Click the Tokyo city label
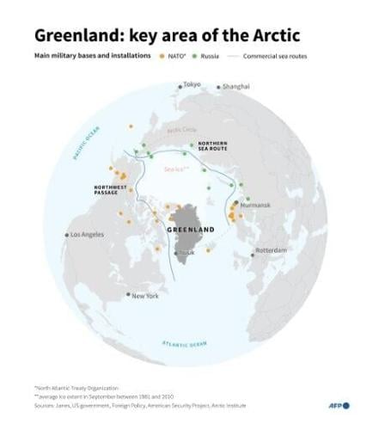[x=193, y=85]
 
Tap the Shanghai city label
[x=235, y=87]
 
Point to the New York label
[x=144, y=296]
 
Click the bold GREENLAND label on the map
[x=190, y=230]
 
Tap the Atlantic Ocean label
[x=185, y=344]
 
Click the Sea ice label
[x=175, y=169]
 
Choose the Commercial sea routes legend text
[x=275, y=56]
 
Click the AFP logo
[x=340, y=405]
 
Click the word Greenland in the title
[x=75, y=34]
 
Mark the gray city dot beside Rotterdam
[x=254, y=252]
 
